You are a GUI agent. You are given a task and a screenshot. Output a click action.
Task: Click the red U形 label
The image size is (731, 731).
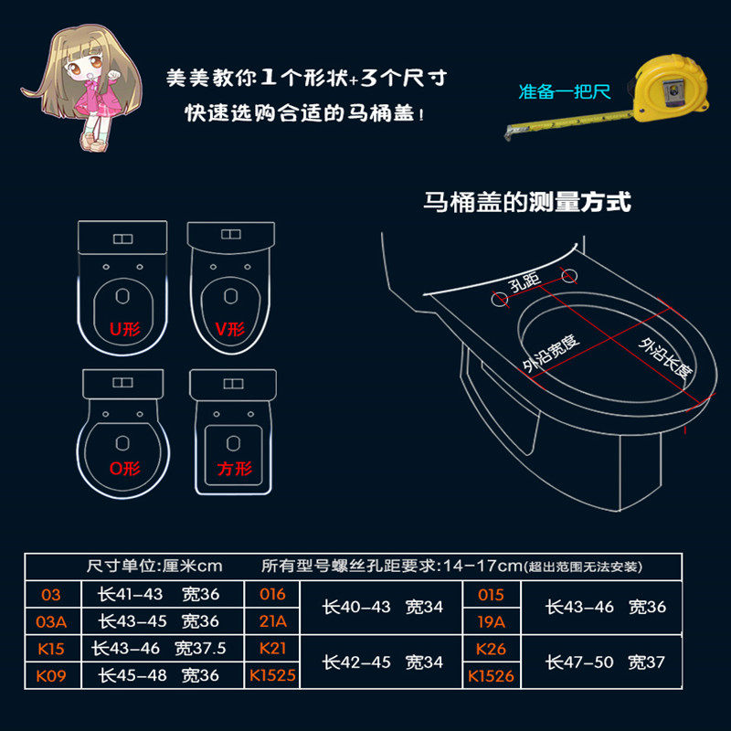click(x=125, y=327)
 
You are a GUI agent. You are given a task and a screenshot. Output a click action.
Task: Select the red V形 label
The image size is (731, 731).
click(x=229, y=328)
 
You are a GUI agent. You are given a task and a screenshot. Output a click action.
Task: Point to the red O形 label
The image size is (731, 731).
click(x=125, y=469)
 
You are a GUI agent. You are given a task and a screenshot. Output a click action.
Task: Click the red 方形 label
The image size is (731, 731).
click(x=234, y=469)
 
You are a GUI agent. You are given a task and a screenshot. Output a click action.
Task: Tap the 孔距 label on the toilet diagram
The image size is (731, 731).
click(x=528, y=283)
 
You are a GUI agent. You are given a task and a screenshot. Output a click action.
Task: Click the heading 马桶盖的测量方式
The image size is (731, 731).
click(x=527, y=201)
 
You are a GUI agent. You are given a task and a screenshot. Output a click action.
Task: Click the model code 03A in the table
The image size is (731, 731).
click(x=51, y=621)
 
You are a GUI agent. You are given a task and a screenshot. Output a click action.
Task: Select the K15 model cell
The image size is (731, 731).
click(x=51, y=648)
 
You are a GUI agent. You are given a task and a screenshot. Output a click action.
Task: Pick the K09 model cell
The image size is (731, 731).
click(x=51, y=676)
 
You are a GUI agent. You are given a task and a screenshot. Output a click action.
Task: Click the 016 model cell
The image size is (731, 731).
click(x=273, y=594)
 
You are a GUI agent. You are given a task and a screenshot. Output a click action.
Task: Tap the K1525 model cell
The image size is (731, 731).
click(x=273, y=676)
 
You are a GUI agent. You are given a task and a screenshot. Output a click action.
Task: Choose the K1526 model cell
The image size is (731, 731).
click(x=492, y=676)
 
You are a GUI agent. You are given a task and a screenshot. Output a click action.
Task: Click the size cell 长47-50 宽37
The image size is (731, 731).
click(x=606, y=662)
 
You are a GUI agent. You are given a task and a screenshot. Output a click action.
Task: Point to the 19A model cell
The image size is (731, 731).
click(x=492, y=621)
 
